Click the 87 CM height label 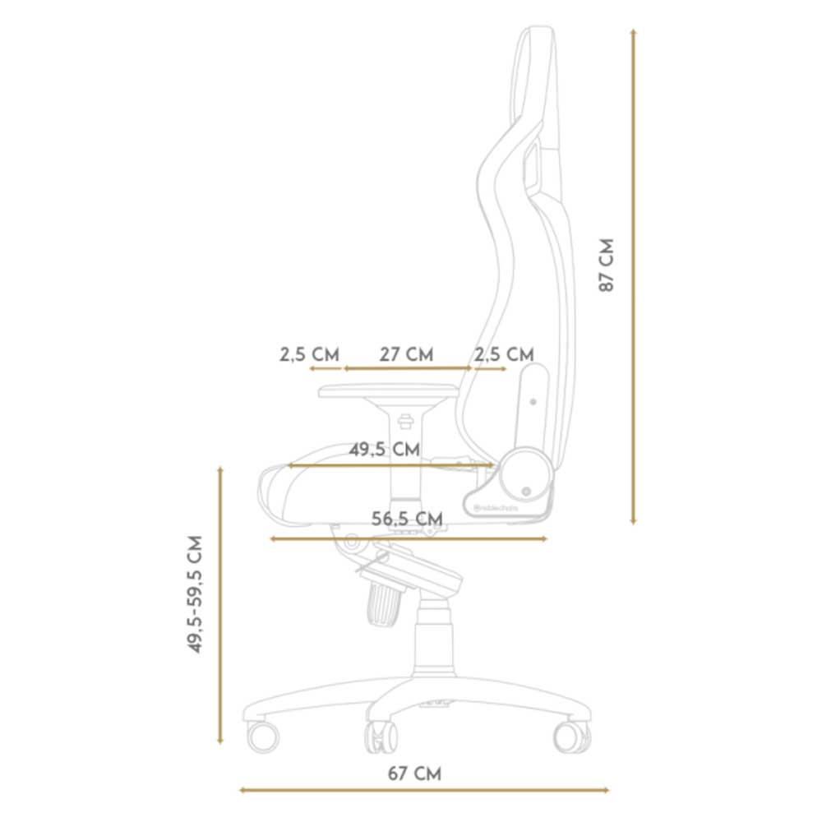607,266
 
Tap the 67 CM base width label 414,774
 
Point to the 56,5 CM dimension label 407,519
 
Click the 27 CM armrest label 406,354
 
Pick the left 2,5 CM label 309,354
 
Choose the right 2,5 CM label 504,354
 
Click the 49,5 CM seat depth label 384,450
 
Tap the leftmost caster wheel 263,736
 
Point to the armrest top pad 386,390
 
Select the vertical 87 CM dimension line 633,275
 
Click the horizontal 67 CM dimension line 423,791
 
